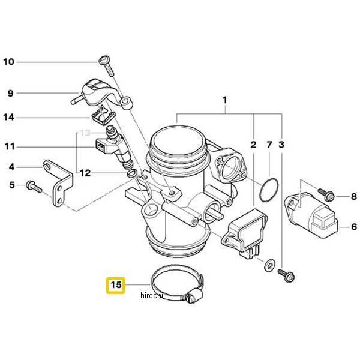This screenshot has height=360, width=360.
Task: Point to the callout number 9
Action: pos(10,93)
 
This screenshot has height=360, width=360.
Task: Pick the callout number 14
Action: pos(8,117)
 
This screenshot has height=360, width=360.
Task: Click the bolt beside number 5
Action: pos(33,187)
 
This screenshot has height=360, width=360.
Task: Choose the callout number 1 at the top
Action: pos(226,99)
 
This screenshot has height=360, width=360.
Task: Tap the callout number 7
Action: pos(269,145)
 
